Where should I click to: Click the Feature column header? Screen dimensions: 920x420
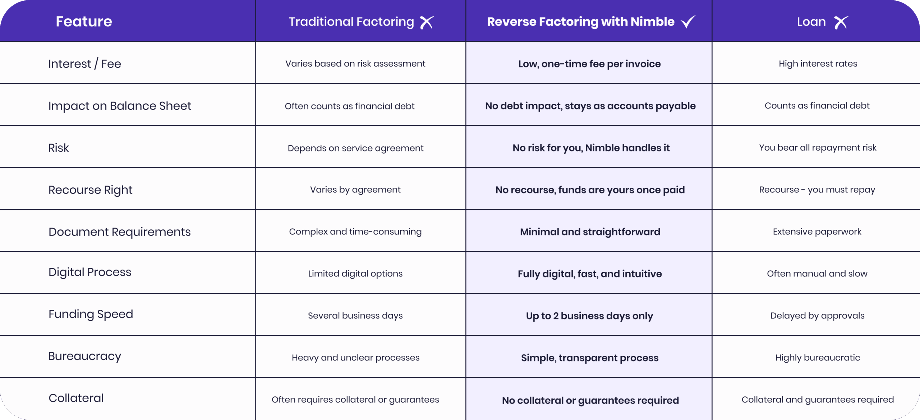coord(84,22)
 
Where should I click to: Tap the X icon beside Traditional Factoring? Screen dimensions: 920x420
coord(427,22)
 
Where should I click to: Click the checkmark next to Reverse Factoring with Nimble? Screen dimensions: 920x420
coord(688,22)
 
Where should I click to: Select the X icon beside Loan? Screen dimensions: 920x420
coord(841,22)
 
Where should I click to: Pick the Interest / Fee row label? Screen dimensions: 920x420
coord(85,64)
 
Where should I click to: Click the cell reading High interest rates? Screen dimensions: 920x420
coord(818,64)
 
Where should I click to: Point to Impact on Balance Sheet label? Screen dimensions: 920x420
coord(120,106)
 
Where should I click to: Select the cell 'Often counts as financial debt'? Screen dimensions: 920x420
coord(350,106)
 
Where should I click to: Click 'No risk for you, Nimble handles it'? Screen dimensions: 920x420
coord(591,148)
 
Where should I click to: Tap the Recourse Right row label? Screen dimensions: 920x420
coord(91,190)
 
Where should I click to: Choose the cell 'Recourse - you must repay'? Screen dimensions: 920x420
coord(817,190)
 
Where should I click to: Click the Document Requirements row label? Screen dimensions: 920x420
coord(120,232)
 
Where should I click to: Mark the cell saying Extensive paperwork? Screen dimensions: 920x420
coord(817,232)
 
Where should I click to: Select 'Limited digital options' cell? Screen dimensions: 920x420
coord(355,274)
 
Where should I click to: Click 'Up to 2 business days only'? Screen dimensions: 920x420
coord(590,316)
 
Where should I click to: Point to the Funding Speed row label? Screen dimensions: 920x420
coord(91,314)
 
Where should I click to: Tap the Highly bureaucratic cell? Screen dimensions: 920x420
coord(818,358)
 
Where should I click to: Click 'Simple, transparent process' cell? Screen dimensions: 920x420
coord(590,358)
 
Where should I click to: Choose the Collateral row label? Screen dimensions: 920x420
coord(76,398)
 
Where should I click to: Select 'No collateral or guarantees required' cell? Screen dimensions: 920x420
coord(590,400)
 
